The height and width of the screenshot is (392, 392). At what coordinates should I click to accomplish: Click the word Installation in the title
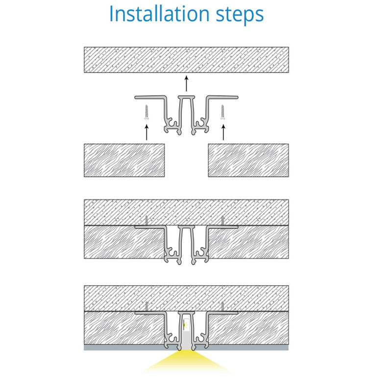159,14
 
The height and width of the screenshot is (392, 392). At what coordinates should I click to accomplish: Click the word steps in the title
240,16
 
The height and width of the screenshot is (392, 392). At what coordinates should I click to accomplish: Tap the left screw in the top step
147,112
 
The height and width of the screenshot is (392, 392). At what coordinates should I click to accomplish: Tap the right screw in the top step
222,112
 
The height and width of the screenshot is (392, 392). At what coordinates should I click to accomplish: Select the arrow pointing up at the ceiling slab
186,83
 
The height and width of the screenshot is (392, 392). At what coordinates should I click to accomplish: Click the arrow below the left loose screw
147,132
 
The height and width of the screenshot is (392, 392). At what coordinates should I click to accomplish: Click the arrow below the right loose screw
223,132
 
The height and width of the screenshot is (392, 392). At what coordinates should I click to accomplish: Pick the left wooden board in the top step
124,160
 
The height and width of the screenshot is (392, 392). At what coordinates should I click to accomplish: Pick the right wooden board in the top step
248,160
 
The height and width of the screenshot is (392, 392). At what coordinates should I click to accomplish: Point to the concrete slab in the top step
186,60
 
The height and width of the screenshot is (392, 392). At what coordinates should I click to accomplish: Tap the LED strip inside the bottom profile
186,325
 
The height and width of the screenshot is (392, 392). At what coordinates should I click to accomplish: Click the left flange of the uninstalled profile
150,97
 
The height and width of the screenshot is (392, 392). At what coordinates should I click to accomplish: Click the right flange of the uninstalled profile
222,97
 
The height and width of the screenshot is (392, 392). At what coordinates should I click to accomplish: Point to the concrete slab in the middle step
186,213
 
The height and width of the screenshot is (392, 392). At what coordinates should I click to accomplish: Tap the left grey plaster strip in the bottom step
124,347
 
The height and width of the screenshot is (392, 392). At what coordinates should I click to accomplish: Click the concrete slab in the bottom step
186,298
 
